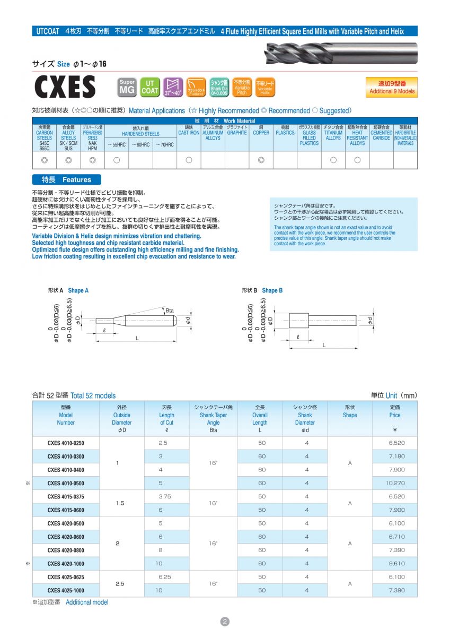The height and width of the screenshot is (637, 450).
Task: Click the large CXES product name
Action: click(64, 87)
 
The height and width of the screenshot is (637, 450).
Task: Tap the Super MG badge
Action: click(127, 87)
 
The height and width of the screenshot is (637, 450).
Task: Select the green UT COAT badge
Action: click(150, 87)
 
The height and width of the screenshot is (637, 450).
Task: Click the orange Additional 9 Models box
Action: click(391, 88)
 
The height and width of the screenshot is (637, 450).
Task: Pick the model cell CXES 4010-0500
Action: click(66, 483)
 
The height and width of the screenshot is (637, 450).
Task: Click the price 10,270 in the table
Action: click(395, 483)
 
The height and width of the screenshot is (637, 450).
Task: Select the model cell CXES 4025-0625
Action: click(66, 576)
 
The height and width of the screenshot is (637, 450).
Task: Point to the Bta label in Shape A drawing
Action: click(170, 310)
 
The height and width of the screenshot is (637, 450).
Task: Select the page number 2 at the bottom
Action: click(225, 622)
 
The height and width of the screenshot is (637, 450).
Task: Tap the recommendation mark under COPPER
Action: click(261, 160)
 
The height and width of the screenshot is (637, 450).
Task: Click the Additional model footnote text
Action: click(86, 602)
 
